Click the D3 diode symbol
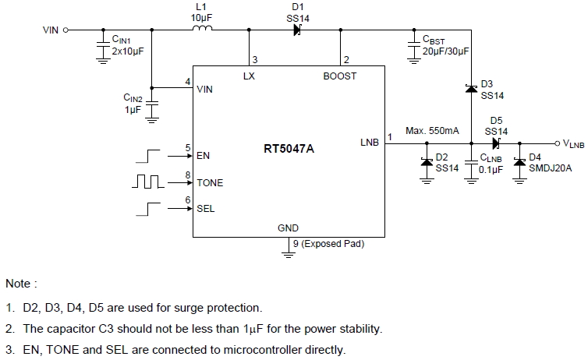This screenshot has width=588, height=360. (470, 89)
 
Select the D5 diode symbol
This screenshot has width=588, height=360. (496, 143)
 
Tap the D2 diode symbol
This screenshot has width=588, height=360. (427, 161)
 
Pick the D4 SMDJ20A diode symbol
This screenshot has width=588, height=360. (519, 161)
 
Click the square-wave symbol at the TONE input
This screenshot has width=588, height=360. (150, 182)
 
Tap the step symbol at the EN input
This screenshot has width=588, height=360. (150, 156)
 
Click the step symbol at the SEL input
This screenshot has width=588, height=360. (150, 208)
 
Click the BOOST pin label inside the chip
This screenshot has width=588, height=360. (340, 76)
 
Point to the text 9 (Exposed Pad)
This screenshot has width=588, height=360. (328, 243)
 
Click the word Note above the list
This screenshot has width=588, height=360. (20, 284)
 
